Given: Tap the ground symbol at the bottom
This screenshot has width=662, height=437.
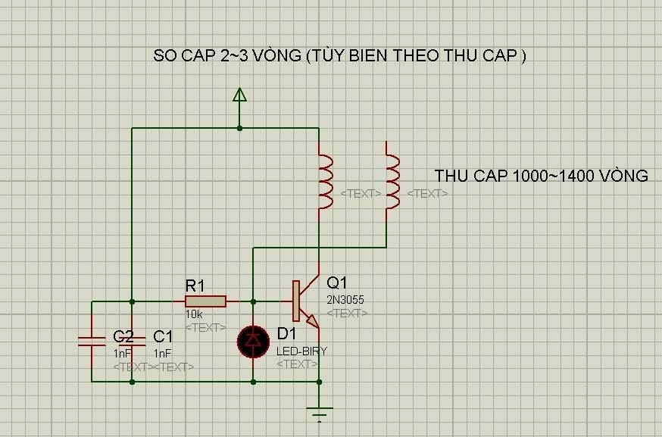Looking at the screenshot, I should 320,414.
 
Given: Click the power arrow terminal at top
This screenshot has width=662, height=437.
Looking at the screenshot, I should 239,95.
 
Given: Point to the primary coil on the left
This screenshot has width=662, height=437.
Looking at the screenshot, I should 325,182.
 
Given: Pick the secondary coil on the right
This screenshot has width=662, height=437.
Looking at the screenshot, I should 392,182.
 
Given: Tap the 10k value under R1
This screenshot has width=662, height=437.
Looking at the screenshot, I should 194,314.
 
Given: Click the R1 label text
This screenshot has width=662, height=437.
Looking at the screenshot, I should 195,286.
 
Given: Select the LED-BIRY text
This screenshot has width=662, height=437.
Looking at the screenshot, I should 301,351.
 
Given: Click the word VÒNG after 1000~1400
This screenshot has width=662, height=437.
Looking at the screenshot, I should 620,176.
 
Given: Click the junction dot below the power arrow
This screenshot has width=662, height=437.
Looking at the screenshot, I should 239,128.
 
